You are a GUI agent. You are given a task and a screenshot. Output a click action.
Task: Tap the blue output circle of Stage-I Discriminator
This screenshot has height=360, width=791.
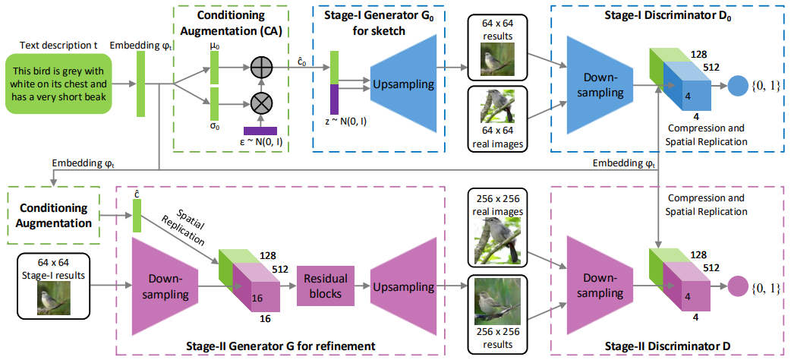[737, 85]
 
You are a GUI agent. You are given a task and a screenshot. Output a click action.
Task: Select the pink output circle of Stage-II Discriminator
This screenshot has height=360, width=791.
[737, 287]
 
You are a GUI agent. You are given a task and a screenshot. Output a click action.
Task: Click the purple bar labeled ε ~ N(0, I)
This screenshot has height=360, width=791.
[260, 131]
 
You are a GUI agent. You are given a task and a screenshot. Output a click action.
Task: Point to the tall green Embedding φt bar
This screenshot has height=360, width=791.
[141, 84]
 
